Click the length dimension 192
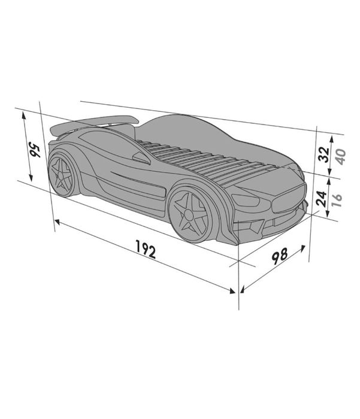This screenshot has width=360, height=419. point(146,249)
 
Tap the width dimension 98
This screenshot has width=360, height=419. point(280,256)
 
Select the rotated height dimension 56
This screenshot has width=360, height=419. point(35,151)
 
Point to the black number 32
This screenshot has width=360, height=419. point(324,154)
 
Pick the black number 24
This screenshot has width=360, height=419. point(321,199)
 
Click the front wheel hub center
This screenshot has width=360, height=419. point(189,214)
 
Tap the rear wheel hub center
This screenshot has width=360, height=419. point(60,175)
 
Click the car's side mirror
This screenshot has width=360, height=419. point(141,157)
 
